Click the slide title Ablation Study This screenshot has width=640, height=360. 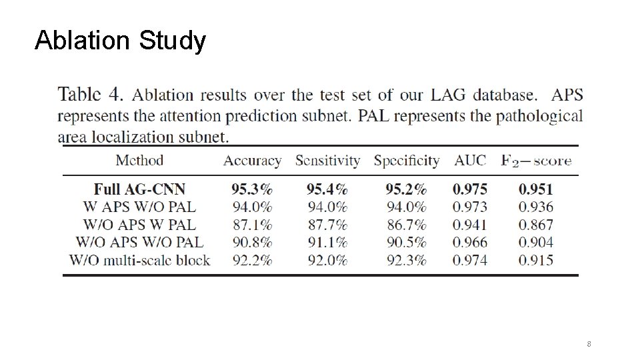tap(120, 41)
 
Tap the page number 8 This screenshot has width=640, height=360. tap(589, 344)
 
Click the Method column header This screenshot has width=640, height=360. tap(139, 160)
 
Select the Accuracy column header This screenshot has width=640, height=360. tap(252, 161)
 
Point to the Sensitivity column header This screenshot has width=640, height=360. tap(327, 161)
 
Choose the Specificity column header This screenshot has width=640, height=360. tap(406, 161)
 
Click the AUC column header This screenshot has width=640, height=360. tap(470, 161)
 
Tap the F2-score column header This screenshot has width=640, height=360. tap(535, 161)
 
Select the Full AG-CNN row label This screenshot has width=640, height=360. tap(139, 189)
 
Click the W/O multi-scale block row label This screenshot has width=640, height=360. tap(139, 260)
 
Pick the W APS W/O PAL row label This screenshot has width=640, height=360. tap(139, 207)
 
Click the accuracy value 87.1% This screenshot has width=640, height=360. tap(252, 225)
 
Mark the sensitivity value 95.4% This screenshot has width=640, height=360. tap(327, 189)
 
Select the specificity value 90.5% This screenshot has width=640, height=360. tap(406, 242)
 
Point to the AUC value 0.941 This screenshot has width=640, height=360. tap(470, 225)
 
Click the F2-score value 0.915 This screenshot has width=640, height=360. tap(535, 260)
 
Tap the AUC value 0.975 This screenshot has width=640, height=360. tap(470, 189)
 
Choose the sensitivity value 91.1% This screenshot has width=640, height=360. tap(327, 242)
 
